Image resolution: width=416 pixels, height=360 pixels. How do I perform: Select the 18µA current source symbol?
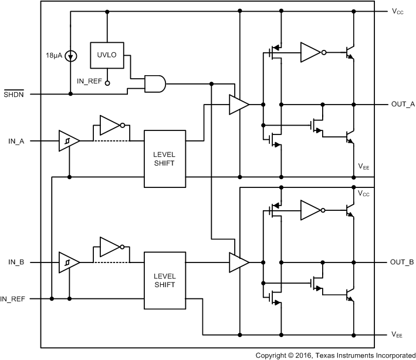[x=70, y=56]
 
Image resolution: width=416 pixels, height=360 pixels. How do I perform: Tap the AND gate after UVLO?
[x=155, y=84]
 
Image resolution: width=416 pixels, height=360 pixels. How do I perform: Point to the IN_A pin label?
[x=16, y=142]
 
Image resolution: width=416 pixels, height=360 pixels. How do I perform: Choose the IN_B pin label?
[x=16, y=261]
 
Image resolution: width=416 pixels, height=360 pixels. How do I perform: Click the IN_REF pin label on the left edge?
[x=13, y=299]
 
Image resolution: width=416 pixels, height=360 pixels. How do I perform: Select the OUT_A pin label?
[x=403, y=105]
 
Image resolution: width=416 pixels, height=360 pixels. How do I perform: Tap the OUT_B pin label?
[x=403, y=261]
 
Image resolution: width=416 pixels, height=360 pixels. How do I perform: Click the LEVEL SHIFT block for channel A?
[x=164, y=158]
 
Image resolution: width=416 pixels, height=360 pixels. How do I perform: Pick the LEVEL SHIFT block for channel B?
[x=164, y=280]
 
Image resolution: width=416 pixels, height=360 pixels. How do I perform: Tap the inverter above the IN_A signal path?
[x=110, y=125]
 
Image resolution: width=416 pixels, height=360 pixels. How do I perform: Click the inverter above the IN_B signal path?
[x=110, y=247]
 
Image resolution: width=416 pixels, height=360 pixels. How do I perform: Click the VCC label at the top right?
[x=398, y=11]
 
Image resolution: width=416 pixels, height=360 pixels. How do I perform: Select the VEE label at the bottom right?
[x=398, y=334]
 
